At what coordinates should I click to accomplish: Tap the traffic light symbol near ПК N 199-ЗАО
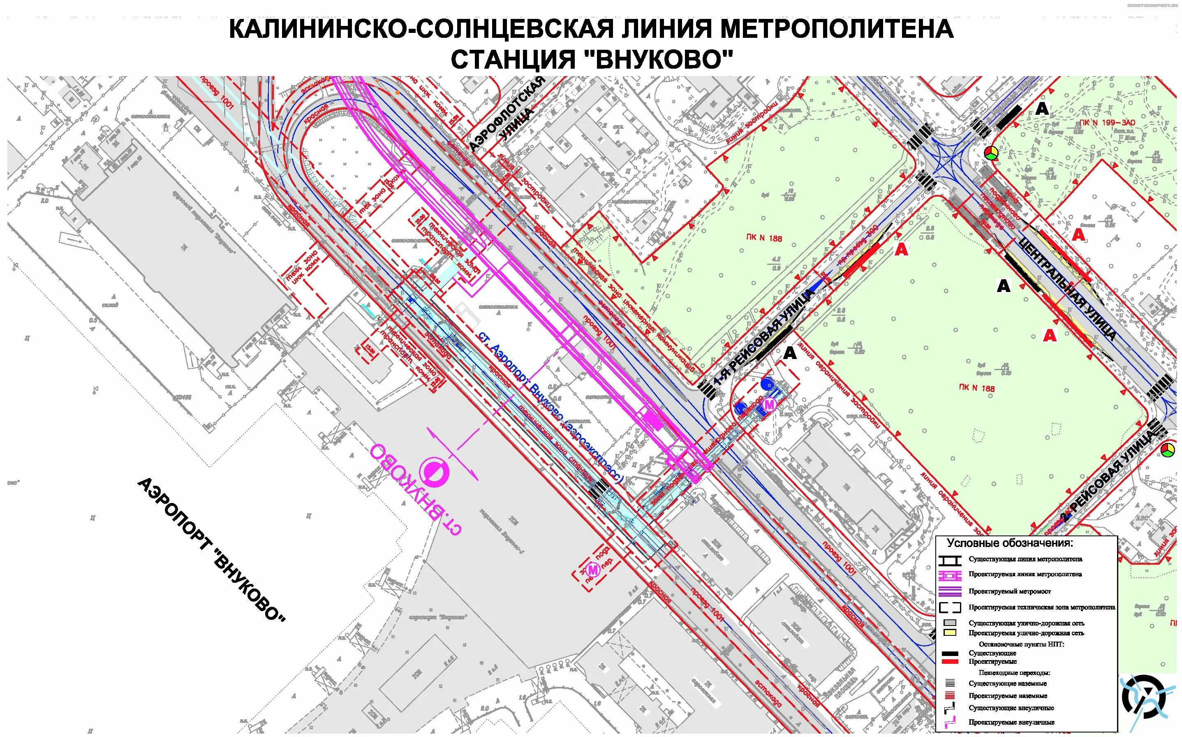(990, 153)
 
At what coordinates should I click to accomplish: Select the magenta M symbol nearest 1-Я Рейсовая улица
(769, 405)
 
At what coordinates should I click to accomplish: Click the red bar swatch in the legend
(950, 661)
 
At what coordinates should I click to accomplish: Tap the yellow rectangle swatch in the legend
(950, 633)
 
